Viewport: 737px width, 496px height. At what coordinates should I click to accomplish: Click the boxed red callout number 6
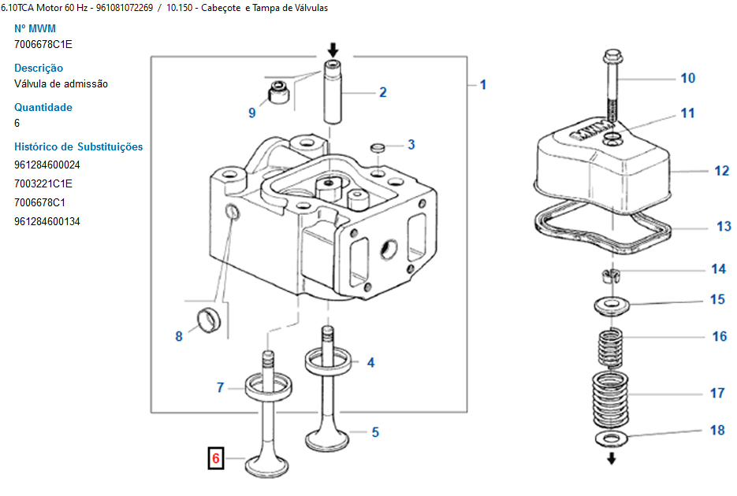(x=216, y=458)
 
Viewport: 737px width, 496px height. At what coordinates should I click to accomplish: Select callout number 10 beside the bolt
(x=687, y=78)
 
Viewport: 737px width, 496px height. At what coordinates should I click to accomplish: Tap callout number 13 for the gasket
(x=724, y=227)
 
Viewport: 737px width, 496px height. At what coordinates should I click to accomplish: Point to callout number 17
(x=717, y=393)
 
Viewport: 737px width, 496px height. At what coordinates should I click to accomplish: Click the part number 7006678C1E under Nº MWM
(x=43, y=45)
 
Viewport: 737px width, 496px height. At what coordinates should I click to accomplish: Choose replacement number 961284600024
(x=47, y=165)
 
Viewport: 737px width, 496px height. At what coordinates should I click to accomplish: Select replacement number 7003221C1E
(x=43, y=184)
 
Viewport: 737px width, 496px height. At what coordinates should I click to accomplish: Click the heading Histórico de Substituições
(x=79, y=147)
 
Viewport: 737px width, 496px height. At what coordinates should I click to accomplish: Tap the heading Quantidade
(x=43, y=107)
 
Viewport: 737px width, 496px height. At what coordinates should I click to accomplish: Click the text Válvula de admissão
(x=61, y=84)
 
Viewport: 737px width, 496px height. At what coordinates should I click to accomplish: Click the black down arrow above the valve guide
(x=333, y=50)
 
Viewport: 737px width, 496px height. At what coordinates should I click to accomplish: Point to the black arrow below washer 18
(x=611, y=458)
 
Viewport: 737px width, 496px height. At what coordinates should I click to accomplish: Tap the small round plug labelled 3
(x=378, y=148)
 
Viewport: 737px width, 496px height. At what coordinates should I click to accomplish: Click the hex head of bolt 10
(x=612, y=57)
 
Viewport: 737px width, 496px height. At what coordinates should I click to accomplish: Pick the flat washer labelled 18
(x=611, y=439)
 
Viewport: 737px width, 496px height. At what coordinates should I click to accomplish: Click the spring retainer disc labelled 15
(x=611, y=306)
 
